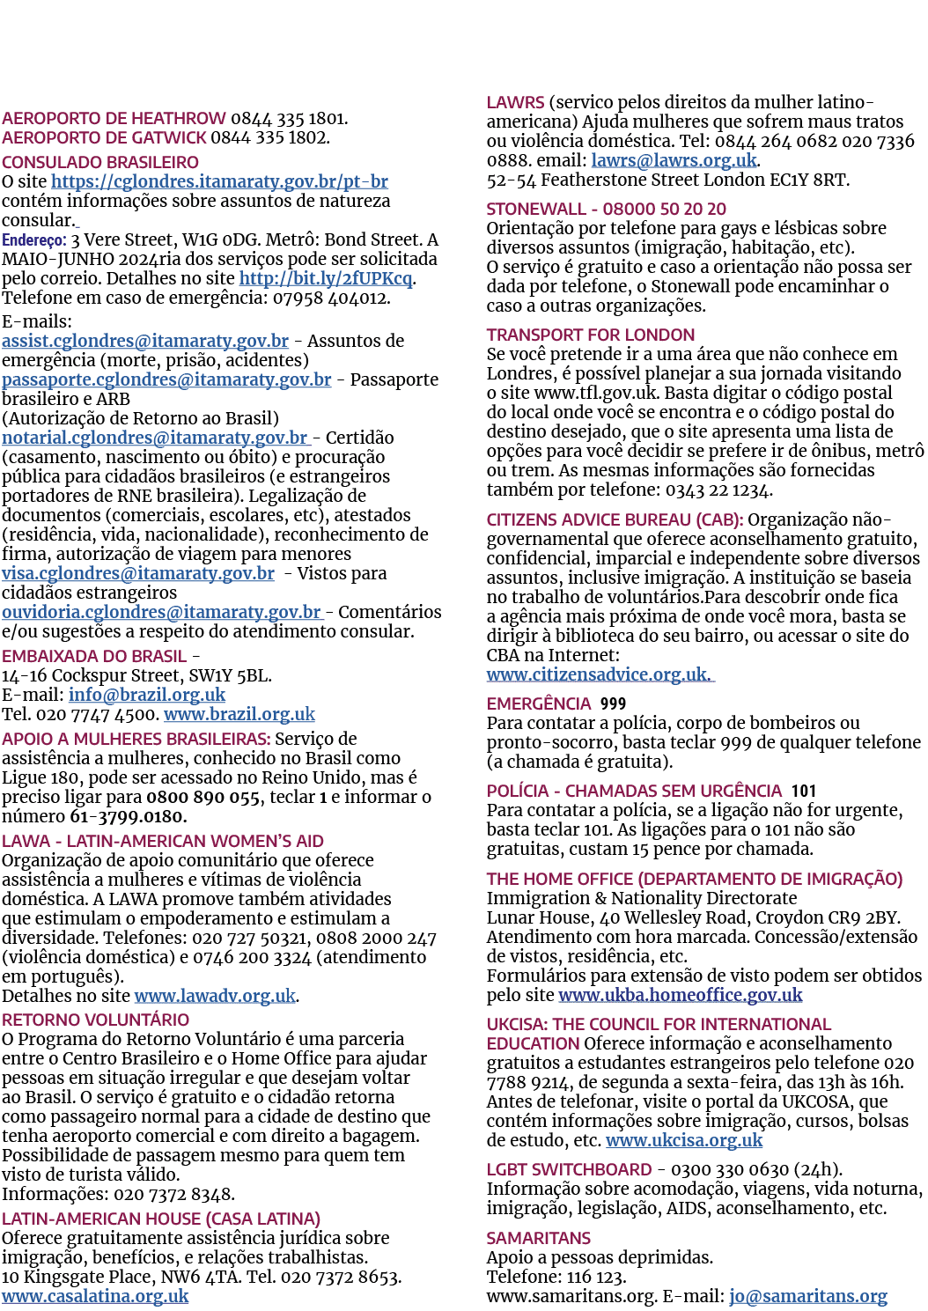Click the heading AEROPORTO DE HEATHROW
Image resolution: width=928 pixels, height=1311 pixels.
click(114, 118)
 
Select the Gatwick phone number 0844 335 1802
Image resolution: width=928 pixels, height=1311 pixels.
click(269, 137)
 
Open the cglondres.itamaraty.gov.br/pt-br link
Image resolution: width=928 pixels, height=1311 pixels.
click(219, 181)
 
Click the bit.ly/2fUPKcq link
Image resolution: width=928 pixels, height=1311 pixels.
click(327, 278)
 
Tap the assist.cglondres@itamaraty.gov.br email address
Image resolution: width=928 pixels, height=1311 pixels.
click(145, 341)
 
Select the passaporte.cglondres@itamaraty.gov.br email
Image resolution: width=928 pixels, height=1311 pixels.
click(166, 379)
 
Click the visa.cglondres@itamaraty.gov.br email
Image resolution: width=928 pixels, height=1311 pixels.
click(138, 573)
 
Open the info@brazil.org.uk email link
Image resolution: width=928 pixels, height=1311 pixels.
click(147, 695)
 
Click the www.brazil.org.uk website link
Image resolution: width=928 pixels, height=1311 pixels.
click(239, 714)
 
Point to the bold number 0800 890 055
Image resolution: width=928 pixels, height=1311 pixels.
click(203, 797)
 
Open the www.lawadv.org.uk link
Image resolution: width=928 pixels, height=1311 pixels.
click(215, 996)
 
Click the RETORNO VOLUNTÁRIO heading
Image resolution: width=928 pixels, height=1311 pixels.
click(95, 1020)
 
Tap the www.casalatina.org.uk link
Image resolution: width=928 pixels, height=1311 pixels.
click(95, 1296)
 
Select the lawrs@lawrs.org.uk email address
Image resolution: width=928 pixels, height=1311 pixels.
click(674, 160)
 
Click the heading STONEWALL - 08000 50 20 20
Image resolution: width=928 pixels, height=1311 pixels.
click(606, 209)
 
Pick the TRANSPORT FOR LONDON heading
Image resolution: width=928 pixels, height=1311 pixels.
click(591, 335)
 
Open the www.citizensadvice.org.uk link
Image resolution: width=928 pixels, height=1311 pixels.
click(600, 674)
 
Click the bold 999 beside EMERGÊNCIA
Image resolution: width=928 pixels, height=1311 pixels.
click(613, 703)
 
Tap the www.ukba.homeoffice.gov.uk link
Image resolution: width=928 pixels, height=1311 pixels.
click(681, 994)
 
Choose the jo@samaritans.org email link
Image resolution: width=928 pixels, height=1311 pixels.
click(808, 1296)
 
